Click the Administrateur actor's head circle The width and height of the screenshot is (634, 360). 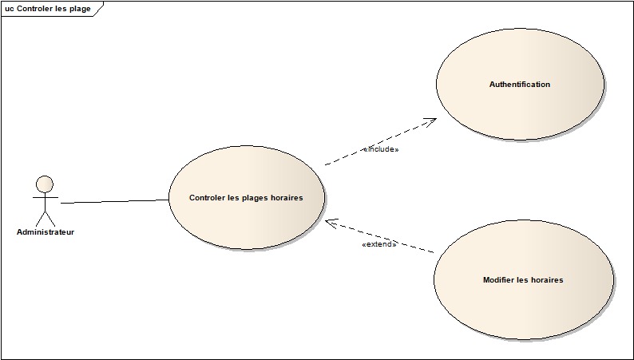pos(45,184)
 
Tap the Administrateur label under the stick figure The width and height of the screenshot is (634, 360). pos(46,232)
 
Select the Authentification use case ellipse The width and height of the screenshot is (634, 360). pos(520,85)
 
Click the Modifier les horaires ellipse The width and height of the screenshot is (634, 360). pos(523,280)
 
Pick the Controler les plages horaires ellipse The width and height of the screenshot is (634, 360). pos(246,198)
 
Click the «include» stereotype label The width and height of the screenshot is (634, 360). pos(380,149)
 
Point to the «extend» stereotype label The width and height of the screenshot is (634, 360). pos(379,244)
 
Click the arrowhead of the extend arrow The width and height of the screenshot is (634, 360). pos(330,223)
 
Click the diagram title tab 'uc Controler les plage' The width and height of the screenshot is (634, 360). pos(48,9)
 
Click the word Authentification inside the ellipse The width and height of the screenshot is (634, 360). pos(520,85)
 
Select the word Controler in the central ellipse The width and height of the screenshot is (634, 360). pos(207,198)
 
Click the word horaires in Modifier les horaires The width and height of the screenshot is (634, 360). pos(546,280)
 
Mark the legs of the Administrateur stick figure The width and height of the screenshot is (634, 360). pos(46,218)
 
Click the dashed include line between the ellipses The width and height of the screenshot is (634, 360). pos(375,144)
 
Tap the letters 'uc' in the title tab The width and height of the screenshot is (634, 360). pos(10,9)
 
